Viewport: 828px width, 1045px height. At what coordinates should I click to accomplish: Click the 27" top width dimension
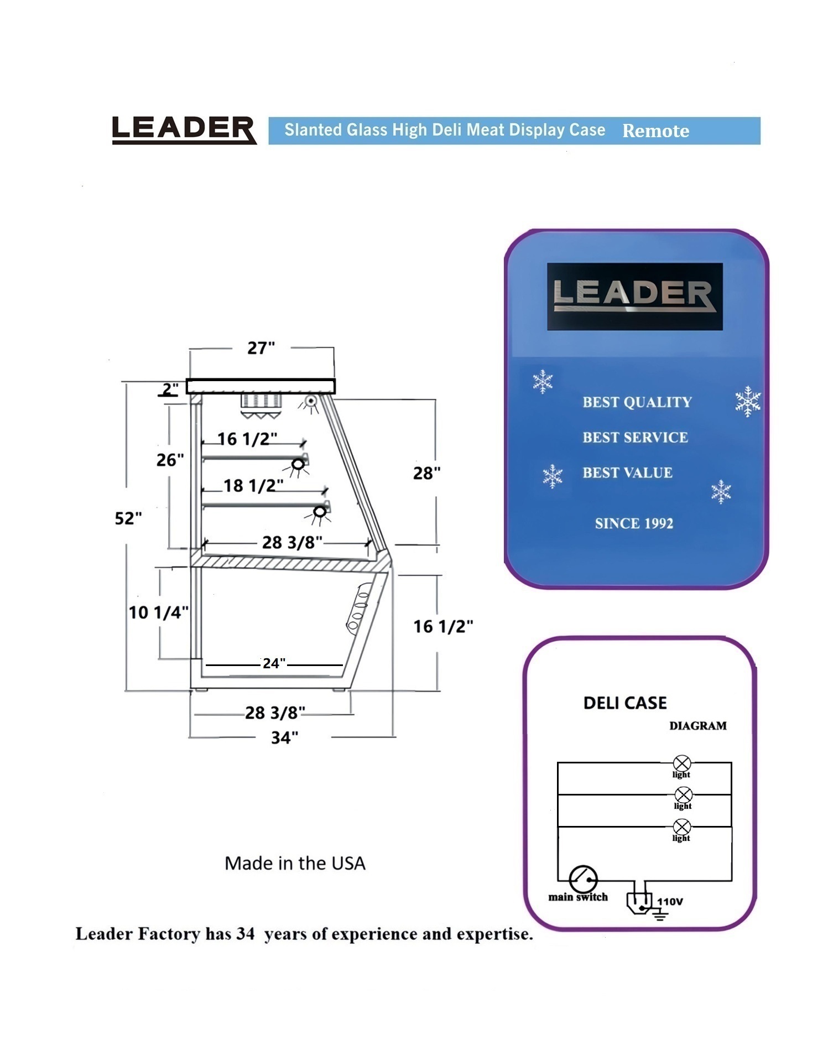pos(261,348)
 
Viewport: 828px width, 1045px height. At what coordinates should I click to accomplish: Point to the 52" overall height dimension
pos(128,518)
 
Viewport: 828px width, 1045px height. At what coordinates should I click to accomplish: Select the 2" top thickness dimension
pos(169,389)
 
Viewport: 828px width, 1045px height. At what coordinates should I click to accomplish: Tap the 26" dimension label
pos(170,460)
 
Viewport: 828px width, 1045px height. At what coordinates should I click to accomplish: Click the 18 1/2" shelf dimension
pos(253,486)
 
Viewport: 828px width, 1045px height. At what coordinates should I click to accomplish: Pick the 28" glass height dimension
pos(427,473)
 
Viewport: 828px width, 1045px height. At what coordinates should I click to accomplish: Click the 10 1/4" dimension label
pos(159,612)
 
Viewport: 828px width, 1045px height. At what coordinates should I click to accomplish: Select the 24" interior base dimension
pos(274,663)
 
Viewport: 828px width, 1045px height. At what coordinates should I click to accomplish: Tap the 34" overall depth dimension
pos(285,737)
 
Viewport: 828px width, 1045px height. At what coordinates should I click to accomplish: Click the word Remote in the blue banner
pos(656,131)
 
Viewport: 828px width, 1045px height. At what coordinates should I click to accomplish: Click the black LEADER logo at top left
pos(184,130)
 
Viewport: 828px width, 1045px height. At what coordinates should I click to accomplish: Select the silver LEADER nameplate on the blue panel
pos(634,296)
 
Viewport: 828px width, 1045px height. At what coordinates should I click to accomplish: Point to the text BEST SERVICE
pos(636,438)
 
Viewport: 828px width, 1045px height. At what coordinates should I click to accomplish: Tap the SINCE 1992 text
pos(634,523)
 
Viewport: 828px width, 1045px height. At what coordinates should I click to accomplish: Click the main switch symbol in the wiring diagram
pos(583,878)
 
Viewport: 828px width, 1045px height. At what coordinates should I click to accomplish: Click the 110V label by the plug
pos(670,901)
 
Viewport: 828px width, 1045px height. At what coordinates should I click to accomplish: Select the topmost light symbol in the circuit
pos(682,763)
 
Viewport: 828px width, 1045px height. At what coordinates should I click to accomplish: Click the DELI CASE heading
pos(625,703)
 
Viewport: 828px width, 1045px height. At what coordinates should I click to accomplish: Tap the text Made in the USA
pos(295,864)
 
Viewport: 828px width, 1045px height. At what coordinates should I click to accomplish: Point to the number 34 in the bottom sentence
pos(246,933)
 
